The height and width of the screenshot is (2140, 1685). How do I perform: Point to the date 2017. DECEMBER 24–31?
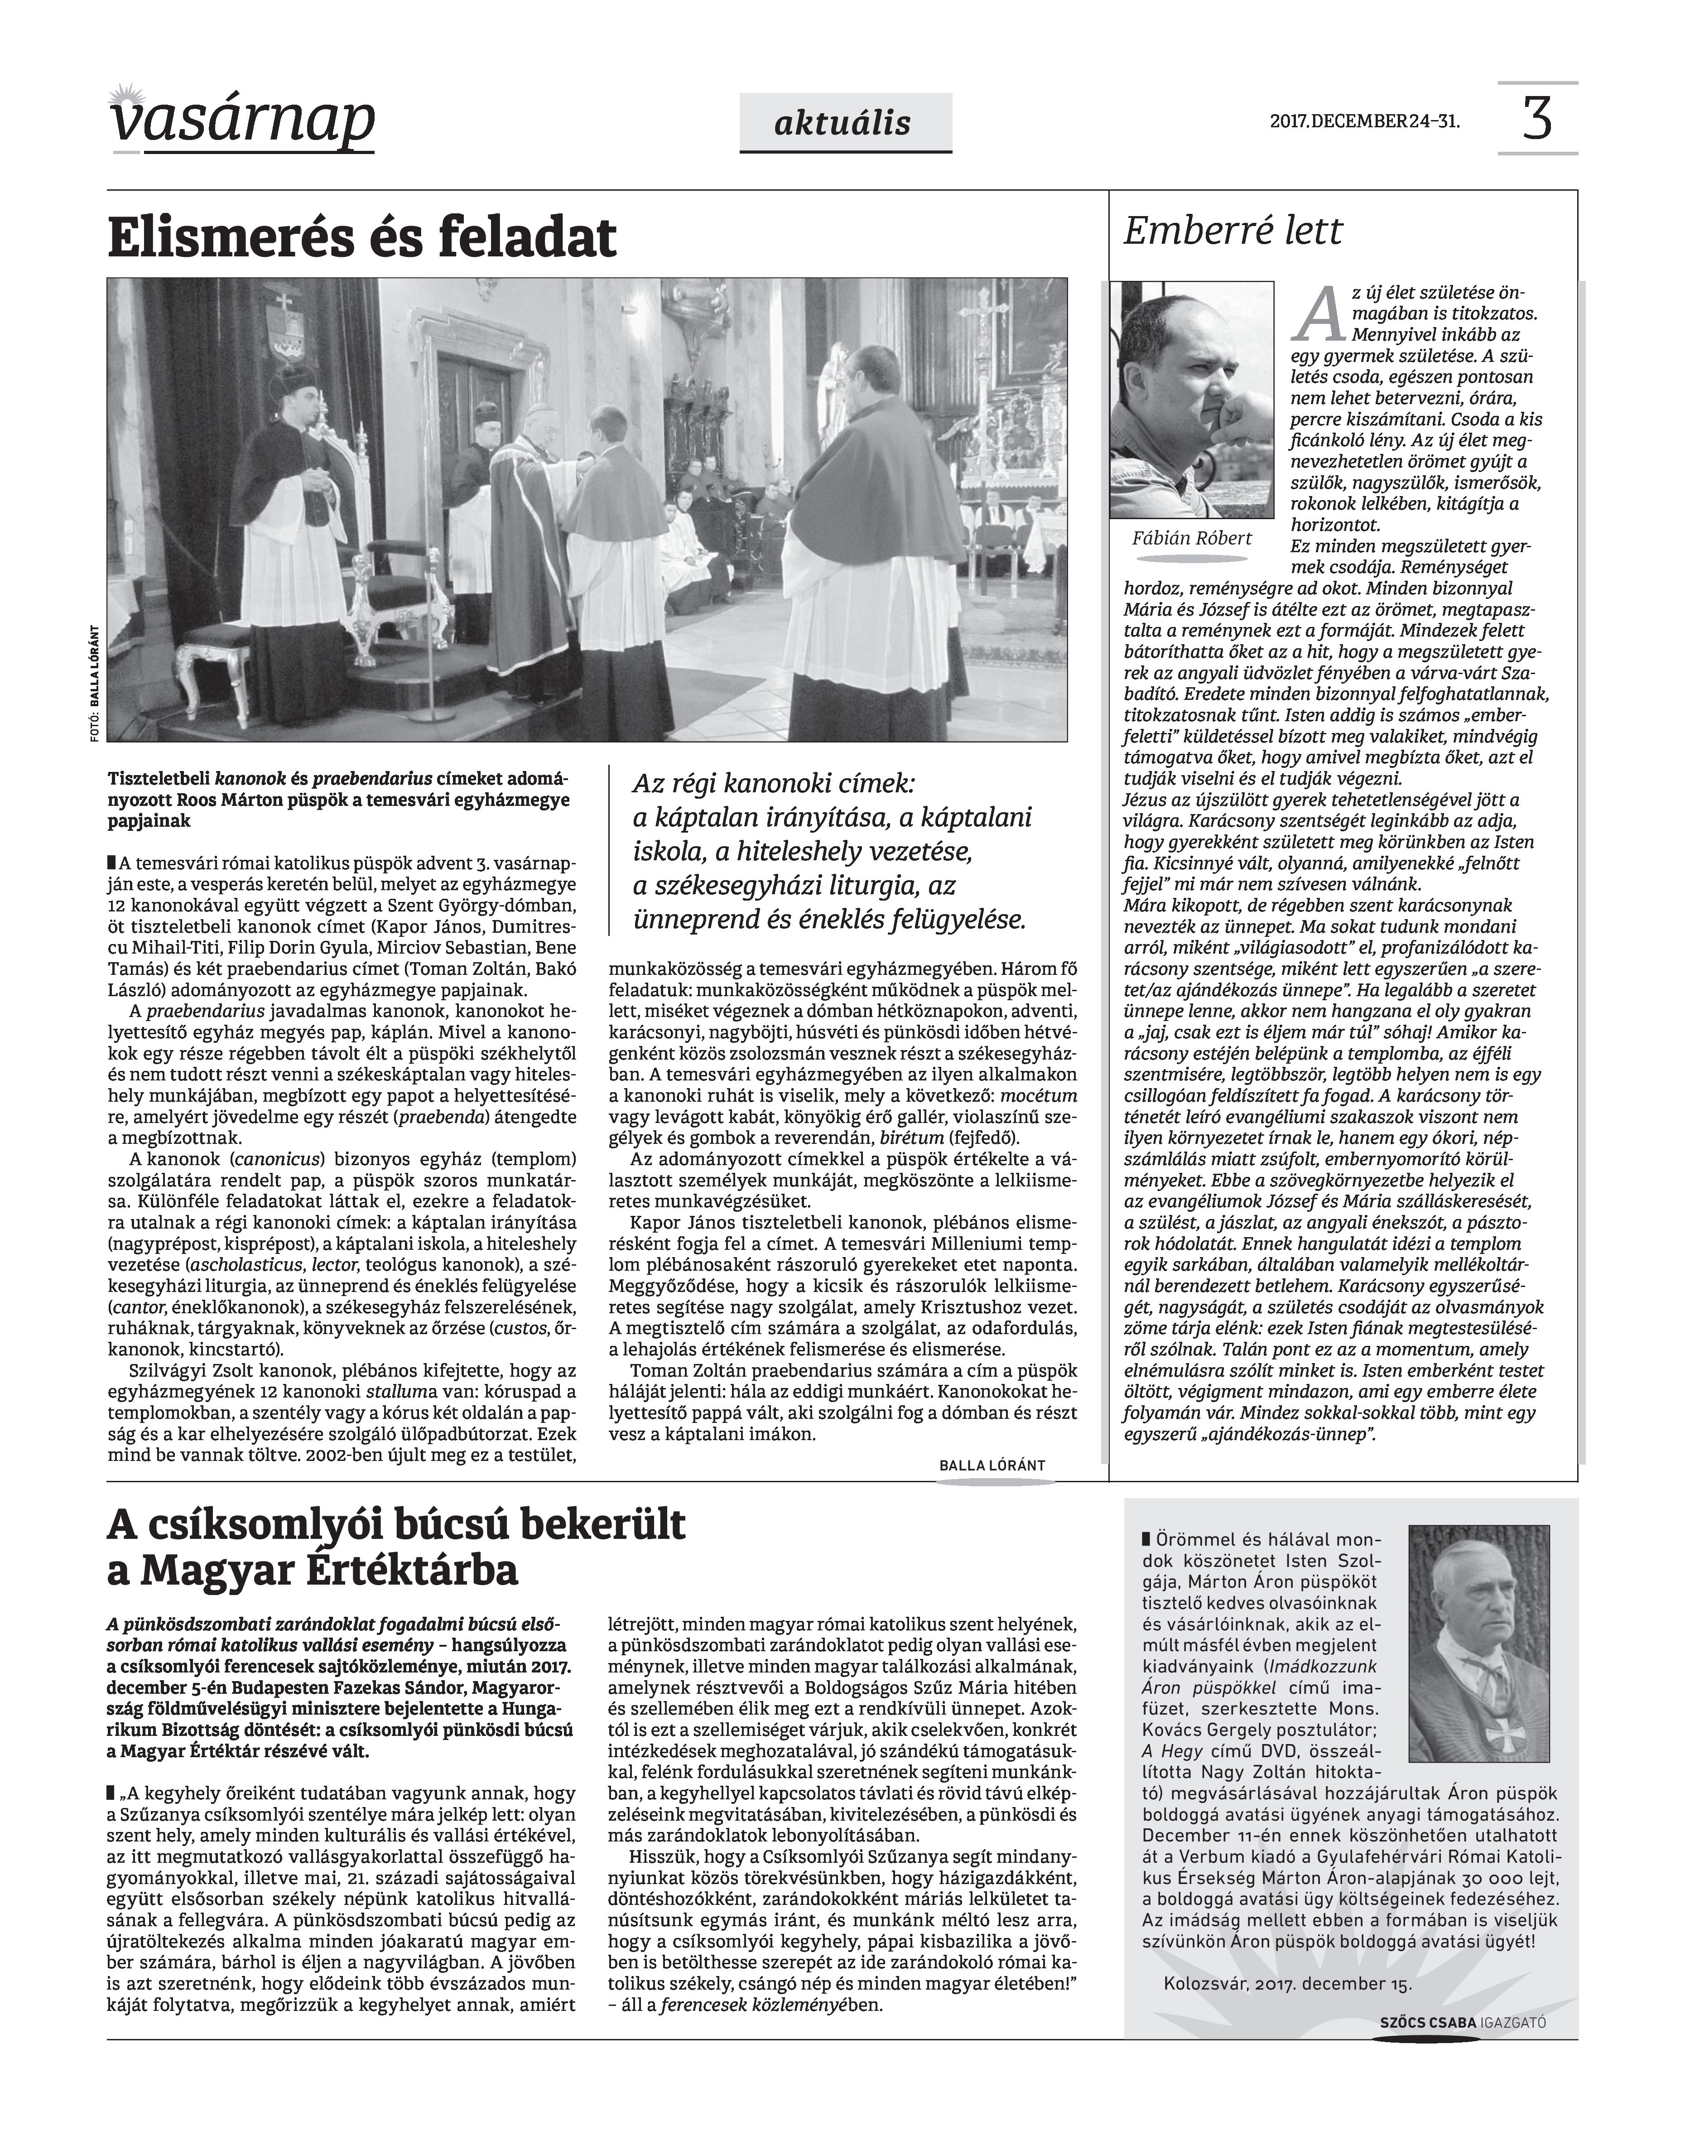tap(1364, 122)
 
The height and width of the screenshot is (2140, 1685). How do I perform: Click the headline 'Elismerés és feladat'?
tap(362, 238)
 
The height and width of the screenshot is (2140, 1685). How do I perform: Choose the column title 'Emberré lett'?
tap(1233, 231)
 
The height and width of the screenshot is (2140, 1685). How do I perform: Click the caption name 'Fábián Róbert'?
tap(1192, 538)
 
